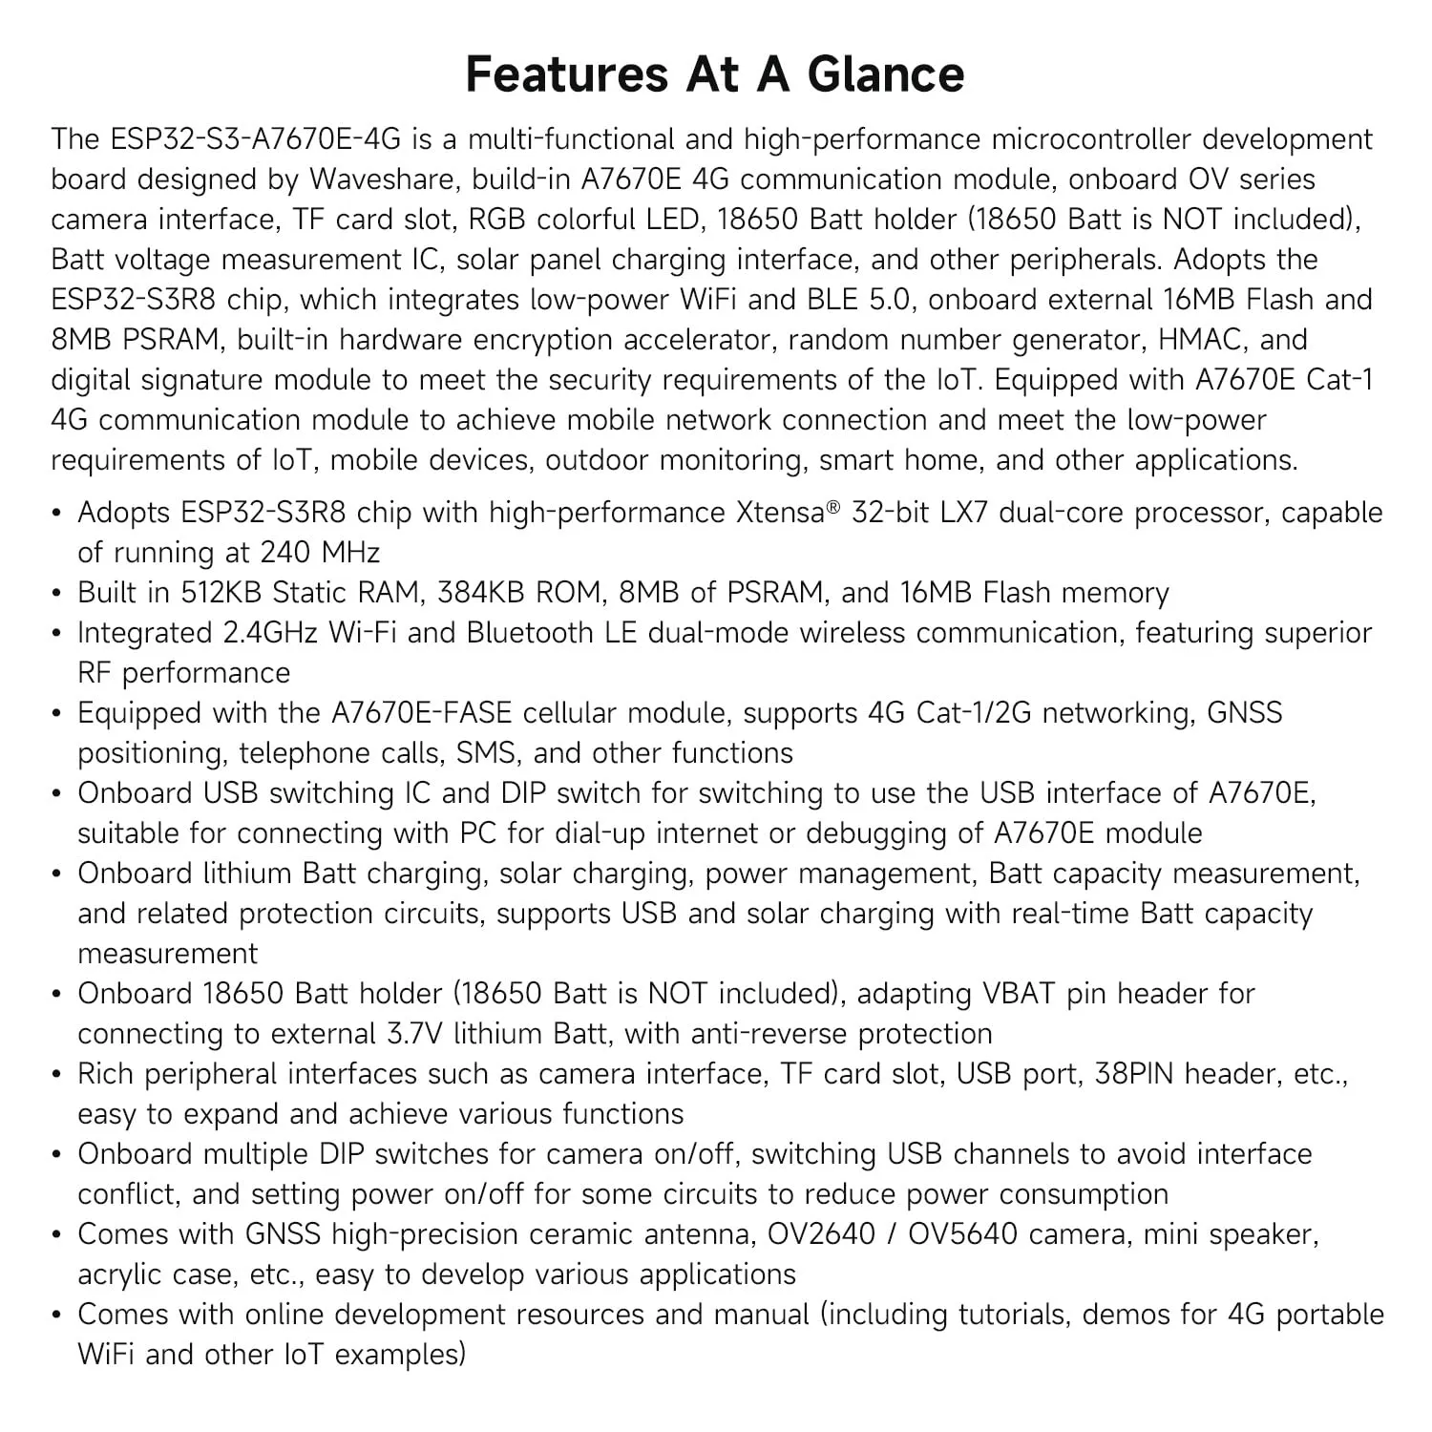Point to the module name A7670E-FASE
[421, 713]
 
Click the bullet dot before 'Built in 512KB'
[57, 594]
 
